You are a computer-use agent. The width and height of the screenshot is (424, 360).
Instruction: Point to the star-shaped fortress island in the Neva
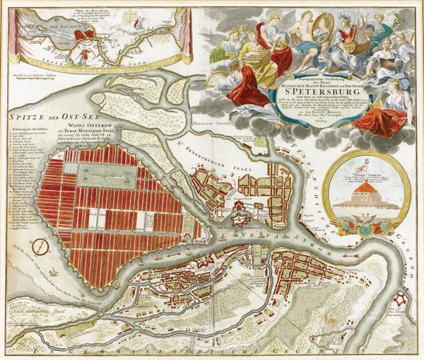point(239,218)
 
